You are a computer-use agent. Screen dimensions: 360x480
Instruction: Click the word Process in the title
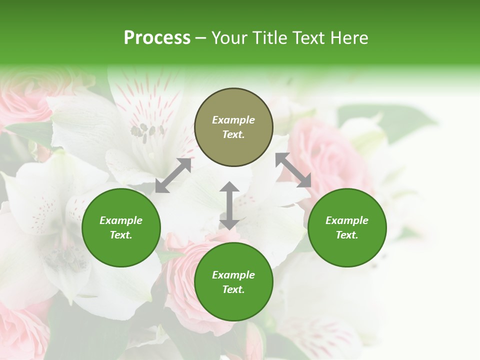157,38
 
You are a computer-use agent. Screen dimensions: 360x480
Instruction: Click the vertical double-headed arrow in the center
229,205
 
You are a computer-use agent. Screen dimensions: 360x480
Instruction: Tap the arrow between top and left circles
173,175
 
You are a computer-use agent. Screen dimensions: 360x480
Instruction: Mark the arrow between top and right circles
293,170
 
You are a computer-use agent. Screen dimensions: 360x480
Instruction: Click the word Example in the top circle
233,120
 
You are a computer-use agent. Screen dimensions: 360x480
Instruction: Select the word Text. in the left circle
121,235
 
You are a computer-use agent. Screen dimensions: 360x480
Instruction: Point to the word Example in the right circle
347,220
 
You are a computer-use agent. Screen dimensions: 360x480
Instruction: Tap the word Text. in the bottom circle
233,289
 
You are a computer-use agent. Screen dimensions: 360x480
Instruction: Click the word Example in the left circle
121,220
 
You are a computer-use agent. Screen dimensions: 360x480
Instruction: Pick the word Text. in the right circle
347,235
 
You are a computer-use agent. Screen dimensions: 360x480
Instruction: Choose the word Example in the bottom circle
233,275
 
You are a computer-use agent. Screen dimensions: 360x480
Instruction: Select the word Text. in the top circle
233,134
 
